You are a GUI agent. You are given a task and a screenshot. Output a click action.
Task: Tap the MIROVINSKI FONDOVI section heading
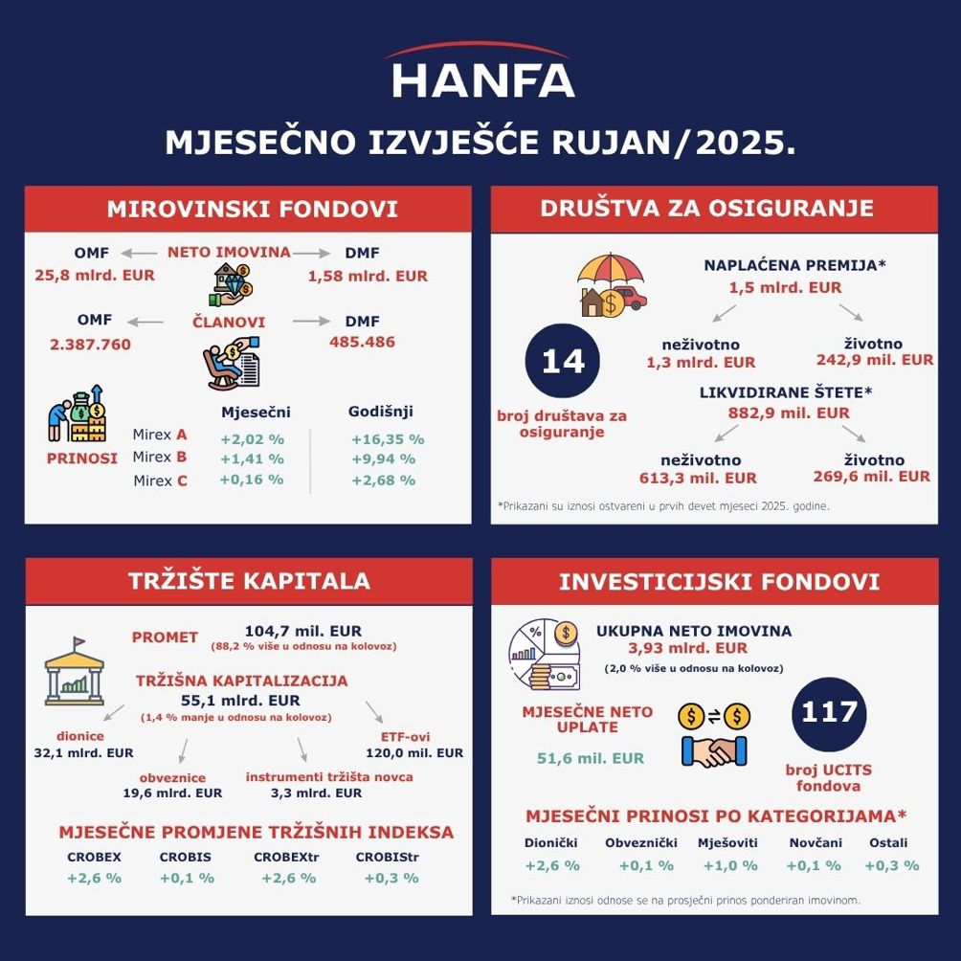252,209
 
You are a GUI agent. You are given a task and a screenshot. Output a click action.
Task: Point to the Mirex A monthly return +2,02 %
252,439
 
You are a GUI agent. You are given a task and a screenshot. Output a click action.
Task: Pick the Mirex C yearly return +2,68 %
383,480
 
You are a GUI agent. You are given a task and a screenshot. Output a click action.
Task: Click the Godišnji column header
381,413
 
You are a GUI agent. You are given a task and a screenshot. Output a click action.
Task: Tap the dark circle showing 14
562,361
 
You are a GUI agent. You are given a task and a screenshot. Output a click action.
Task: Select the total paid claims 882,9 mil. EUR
788,413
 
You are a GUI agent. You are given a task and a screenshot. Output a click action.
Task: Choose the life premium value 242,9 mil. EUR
874,361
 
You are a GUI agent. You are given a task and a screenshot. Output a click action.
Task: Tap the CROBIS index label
186,858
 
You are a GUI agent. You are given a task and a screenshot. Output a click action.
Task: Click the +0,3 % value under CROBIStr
391,878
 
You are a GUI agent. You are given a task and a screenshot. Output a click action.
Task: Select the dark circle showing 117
830,713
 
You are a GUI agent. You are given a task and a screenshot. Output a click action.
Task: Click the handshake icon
713,750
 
